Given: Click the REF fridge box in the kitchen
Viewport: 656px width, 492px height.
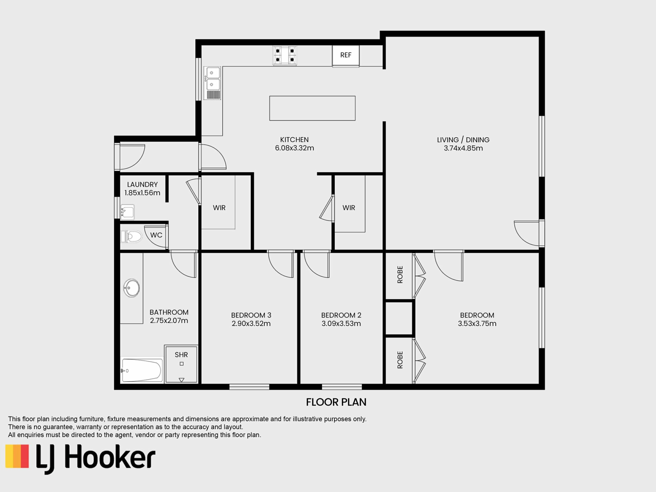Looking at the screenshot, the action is coord(345,56).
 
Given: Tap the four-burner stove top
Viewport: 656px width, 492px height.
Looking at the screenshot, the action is coord(285,56).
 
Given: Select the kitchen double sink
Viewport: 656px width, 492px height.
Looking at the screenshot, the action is coord(212,83).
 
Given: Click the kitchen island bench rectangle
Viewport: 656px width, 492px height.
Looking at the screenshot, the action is coord(312,108).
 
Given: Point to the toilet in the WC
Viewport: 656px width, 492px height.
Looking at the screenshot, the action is coord(131,236).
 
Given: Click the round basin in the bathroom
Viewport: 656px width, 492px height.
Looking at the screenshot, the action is coord(132,288).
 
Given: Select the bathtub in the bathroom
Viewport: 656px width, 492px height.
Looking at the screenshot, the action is coord(142,370).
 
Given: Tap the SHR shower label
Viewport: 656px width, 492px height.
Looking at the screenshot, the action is coord(181,355).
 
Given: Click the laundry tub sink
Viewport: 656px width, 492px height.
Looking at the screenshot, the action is coord(127,212).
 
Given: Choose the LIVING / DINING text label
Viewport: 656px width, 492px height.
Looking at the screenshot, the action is coord(463,140).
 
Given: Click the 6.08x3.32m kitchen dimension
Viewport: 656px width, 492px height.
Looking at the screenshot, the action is coord(295,148).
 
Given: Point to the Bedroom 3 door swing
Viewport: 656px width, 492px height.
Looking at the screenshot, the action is coord(281,264).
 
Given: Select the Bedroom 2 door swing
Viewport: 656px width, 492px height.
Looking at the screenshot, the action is coord(317,264).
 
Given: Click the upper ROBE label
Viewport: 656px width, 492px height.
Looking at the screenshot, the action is coord(400,275).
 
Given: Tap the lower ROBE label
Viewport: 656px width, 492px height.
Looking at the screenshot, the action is coord(400,360).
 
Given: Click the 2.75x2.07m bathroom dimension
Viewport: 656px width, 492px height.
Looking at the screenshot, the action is coord(169,321).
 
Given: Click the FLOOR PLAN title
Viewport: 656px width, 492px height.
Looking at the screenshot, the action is coord(336,402).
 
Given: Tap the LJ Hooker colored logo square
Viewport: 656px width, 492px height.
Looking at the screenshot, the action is coord(17,456).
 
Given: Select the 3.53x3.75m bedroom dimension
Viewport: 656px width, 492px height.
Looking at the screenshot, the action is coord(477,324).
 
